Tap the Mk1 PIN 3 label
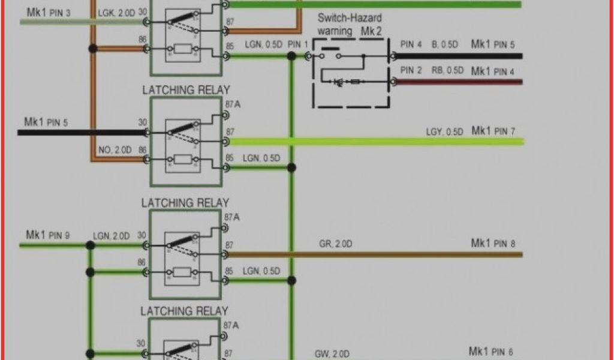click(49, 12)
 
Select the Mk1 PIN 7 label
click(493, 130)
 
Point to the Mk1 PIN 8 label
click(493, 243)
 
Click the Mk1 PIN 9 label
click(48, 235)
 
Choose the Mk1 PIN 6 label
click(491, 352)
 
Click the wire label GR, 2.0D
click(335, 244)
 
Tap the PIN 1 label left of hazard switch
click(298, 44)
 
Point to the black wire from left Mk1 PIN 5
click(78, 131)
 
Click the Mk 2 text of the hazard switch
click(371, 31)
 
